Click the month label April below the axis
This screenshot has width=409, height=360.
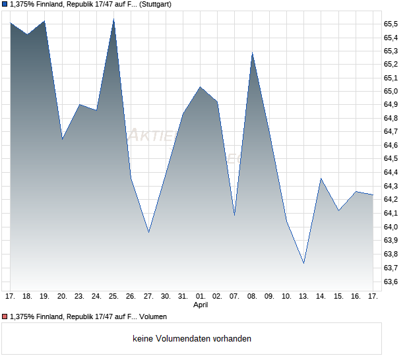[201, 305]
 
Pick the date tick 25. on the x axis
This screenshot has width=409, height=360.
[114, 297]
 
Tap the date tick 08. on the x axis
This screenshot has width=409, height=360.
[252, 297]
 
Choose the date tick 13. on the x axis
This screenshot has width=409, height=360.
[303, 297]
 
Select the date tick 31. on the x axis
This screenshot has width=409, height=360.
[183, 297]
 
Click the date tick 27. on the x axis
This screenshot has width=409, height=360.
[148, 297]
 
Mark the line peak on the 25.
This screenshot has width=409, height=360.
[114, 19]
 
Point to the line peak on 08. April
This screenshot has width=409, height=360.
[252, 53]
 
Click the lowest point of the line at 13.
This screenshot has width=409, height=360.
[303, 263]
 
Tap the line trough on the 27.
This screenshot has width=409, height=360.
[148, 232]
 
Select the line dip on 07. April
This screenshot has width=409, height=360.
[235, 215]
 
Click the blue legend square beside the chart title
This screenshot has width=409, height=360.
[5, 5]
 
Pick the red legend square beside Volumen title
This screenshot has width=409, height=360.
[5, 317]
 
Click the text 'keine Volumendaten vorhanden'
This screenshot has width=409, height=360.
[191, 338]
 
